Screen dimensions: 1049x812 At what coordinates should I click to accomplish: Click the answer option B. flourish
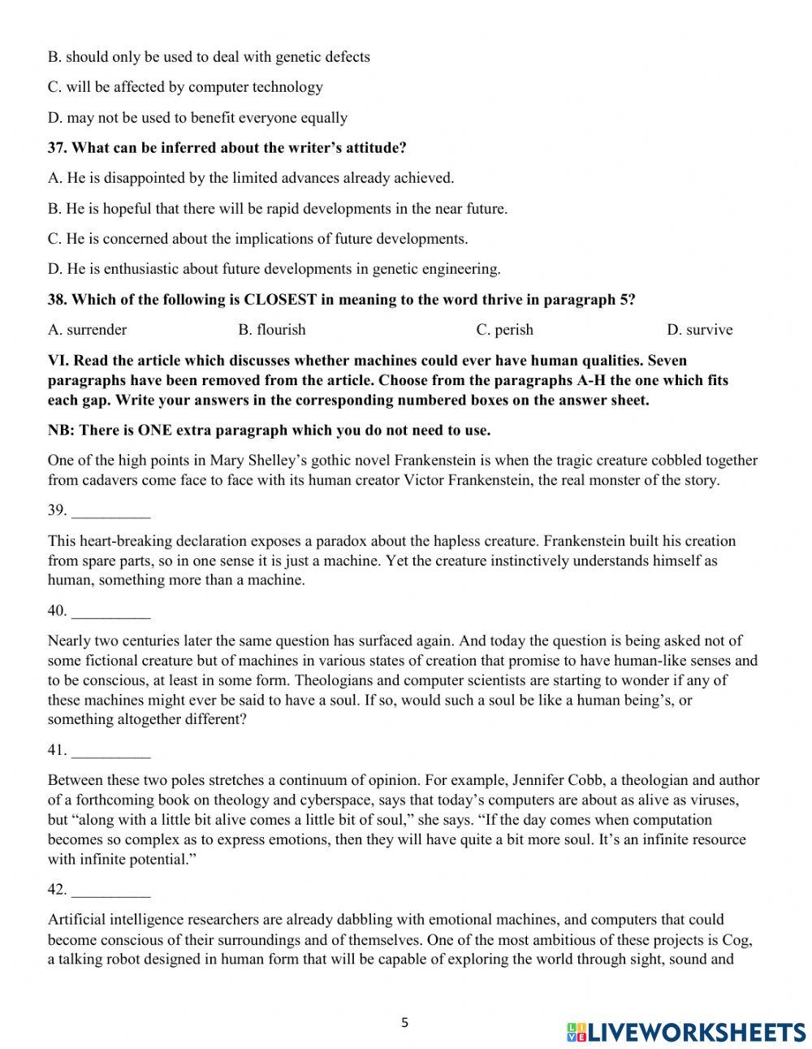click(x=271, y=329)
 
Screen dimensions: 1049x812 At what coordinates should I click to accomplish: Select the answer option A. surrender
click(x=87, y=329)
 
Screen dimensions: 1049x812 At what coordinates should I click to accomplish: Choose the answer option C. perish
click(x=504, y=329)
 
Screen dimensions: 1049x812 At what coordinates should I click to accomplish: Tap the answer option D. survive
click(x=699, y=329)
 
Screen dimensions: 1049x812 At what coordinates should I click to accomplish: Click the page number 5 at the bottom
click(x=404, y=1023)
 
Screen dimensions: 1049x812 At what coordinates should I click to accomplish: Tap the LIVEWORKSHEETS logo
click(x=685, y=1032)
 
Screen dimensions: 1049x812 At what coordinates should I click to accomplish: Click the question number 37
click(x=57, y=148)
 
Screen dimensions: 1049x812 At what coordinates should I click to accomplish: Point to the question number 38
click(x=57, y=299)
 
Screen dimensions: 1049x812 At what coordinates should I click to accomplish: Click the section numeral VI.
click(x=57, y=360)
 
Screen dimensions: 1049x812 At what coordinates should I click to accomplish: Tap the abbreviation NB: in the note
click(x=60, y=430)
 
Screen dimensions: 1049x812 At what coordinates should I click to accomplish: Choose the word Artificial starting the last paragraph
click(x=78, y=920)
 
